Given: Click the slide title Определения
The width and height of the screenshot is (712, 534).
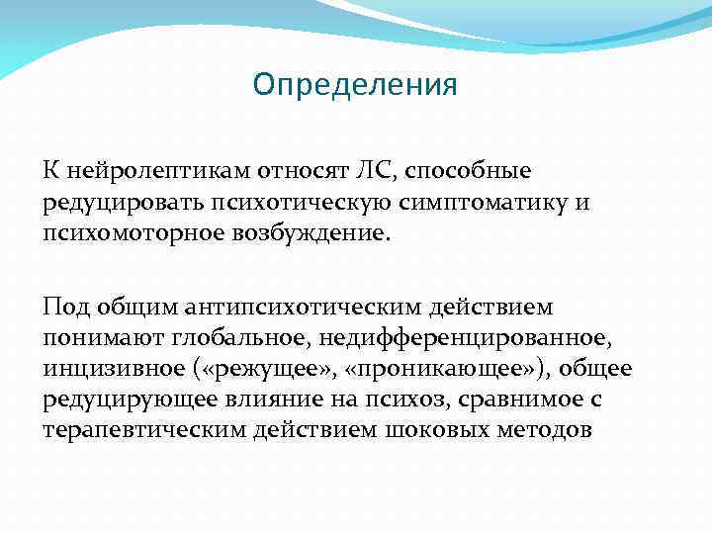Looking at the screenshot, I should pyautogui.click(x=355, y=85).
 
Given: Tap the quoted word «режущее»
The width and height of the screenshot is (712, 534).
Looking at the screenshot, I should pyautogui.click(x=241, y=371).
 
